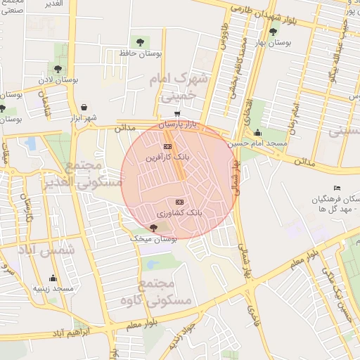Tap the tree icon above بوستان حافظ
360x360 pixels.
coord(136,41)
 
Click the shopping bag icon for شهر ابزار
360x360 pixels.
coord(84,107)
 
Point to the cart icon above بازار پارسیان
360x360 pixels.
coord(178,113)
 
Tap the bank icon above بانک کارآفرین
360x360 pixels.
coord(167,146)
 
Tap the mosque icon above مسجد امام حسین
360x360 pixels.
coord(258,132)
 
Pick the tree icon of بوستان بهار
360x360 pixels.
coord(273,31)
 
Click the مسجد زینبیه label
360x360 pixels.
coord(53,289)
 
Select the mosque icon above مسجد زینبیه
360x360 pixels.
coord(53,278)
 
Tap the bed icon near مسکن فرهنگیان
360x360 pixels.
coord(337,188)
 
